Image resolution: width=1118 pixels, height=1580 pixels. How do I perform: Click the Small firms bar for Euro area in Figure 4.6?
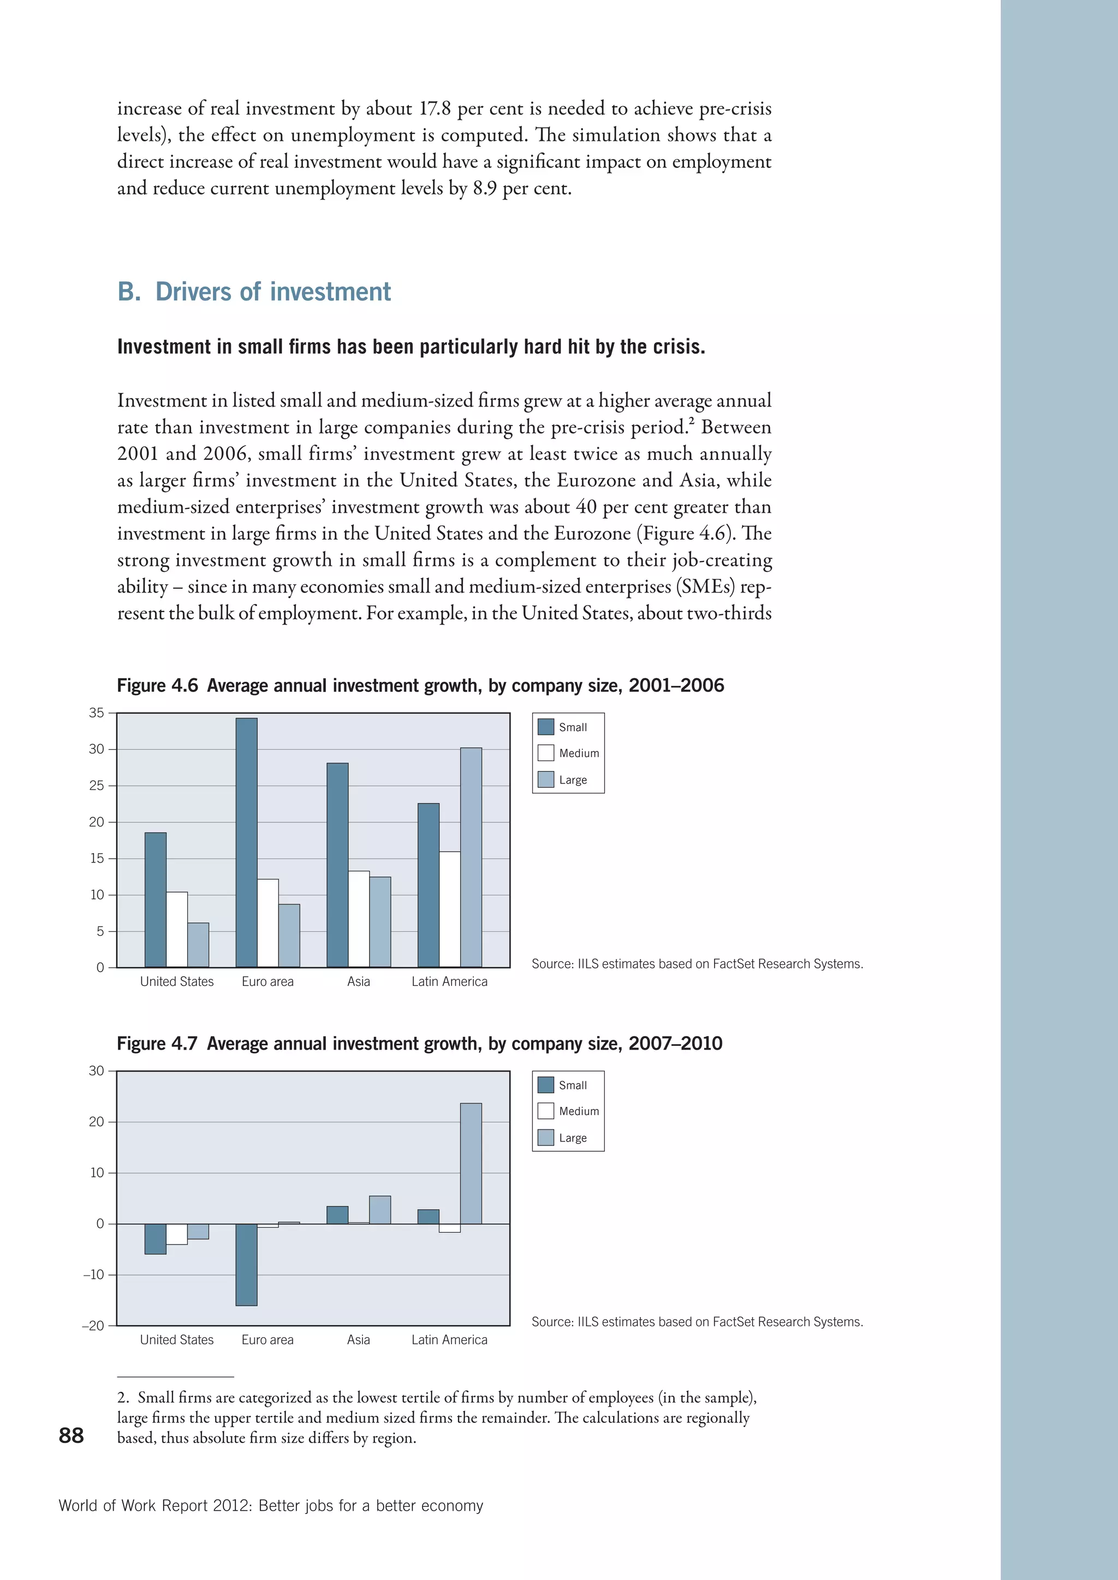tap(246, 842)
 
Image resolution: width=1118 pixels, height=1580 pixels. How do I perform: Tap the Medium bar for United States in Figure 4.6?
tap(177, 929)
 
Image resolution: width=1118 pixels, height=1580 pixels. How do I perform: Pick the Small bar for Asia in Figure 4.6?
tap(337, 865)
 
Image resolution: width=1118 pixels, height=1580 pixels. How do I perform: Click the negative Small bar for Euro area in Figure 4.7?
tap(246, 1265)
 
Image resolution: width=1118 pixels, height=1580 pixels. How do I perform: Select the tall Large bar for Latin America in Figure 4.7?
tap(471, 1164)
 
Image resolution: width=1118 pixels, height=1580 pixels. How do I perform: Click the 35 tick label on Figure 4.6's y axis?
tap(97, 713)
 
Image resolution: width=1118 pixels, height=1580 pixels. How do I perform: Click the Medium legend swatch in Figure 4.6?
tap(546, 753)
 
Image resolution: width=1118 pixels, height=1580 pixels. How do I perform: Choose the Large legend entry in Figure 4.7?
tap(572, 1138)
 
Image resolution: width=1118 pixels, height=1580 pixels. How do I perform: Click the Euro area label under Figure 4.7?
tap(267, 1340)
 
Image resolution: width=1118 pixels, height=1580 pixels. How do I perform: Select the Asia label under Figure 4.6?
tap(358, 982)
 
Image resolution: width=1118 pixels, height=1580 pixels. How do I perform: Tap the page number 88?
tap(71, 1435)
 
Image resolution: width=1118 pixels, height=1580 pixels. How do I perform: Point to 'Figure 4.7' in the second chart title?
tap(157, 1044)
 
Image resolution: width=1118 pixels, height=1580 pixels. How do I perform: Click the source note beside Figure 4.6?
tap(697, 964)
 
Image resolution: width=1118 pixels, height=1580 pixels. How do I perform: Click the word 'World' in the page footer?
tap(78, 1506)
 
